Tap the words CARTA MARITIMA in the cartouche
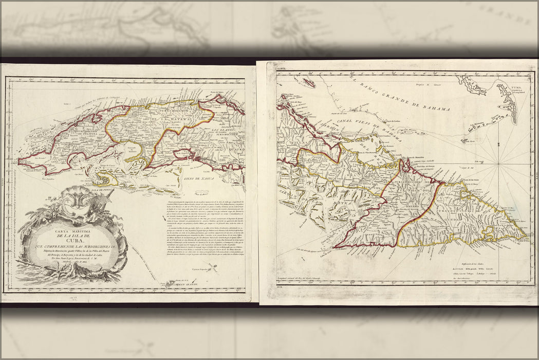coord(71,232)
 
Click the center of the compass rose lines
coord(498,164)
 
